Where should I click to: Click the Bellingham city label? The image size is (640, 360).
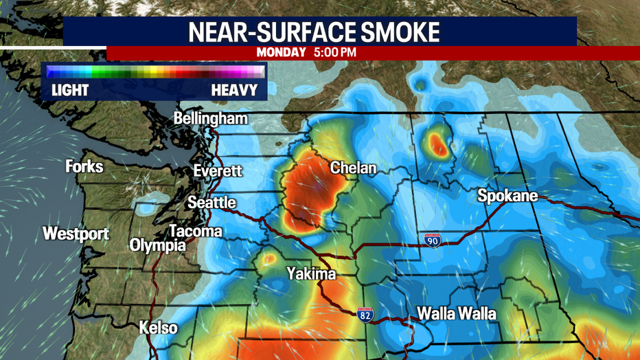click(210, 119)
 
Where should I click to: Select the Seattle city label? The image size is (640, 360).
click(212, 203)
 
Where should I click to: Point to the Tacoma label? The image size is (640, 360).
click(195, 231)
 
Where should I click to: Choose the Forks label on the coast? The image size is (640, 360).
click(84, 166)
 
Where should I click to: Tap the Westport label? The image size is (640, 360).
click(76, 234)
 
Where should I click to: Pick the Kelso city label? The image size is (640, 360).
click(158, 328)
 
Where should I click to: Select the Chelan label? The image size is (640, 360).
click(354, 168)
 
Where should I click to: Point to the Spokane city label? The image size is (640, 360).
click(507, 197)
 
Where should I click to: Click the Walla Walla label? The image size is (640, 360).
click(457, 314)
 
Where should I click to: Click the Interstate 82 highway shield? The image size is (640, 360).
click(366, 314)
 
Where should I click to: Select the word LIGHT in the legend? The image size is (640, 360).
click(71, 90)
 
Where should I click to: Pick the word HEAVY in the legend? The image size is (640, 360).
click(234, 90)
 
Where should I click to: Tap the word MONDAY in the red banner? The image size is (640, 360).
click(279, 52)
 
